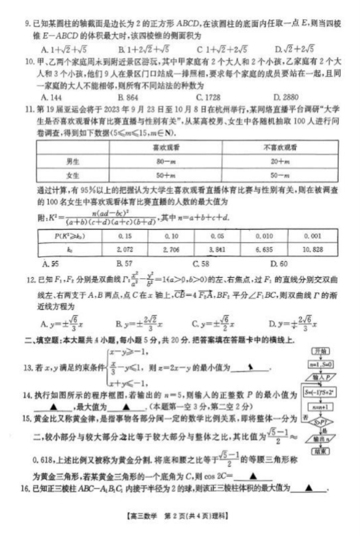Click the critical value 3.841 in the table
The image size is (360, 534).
click(217, 248)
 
